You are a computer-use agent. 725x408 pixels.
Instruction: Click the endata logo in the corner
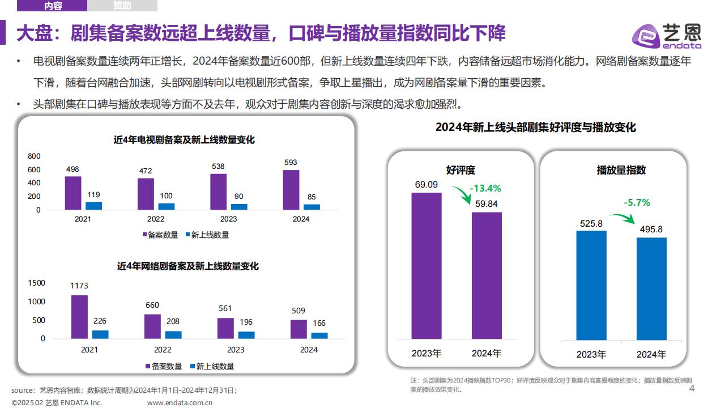(667, 36)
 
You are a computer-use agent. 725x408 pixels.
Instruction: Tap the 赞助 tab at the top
(122, 6)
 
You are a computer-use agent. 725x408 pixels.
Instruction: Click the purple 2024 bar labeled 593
(291, 190)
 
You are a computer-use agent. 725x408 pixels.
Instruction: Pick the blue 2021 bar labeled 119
(94, 206)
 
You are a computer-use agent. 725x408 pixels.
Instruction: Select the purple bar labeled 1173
(79, 316)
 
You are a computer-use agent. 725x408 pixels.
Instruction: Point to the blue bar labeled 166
(319, 335)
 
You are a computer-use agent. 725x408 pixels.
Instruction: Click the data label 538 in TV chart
(218, 166)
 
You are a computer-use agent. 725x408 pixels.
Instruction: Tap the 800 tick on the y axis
(34, 156)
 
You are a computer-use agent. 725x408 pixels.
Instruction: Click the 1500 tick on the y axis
(36, 283)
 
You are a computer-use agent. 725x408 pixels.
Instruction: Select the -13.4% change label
(485, 189)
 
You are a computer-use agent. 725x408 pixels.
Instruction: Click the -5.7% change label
(637, 202)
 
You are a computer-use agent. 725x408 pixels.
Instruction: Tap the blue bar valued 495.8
(651, 288)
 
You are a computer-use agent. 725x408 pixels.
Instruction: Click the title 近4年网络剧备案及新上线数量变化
(187, 266)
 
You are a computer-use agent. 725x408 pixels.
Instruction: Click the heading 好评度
(460, 170)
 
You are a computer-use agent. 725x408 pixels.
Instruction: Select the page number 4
(691, 389)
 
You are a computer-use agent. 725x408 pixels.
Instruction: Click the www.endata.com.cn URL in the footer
(180, 403)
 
